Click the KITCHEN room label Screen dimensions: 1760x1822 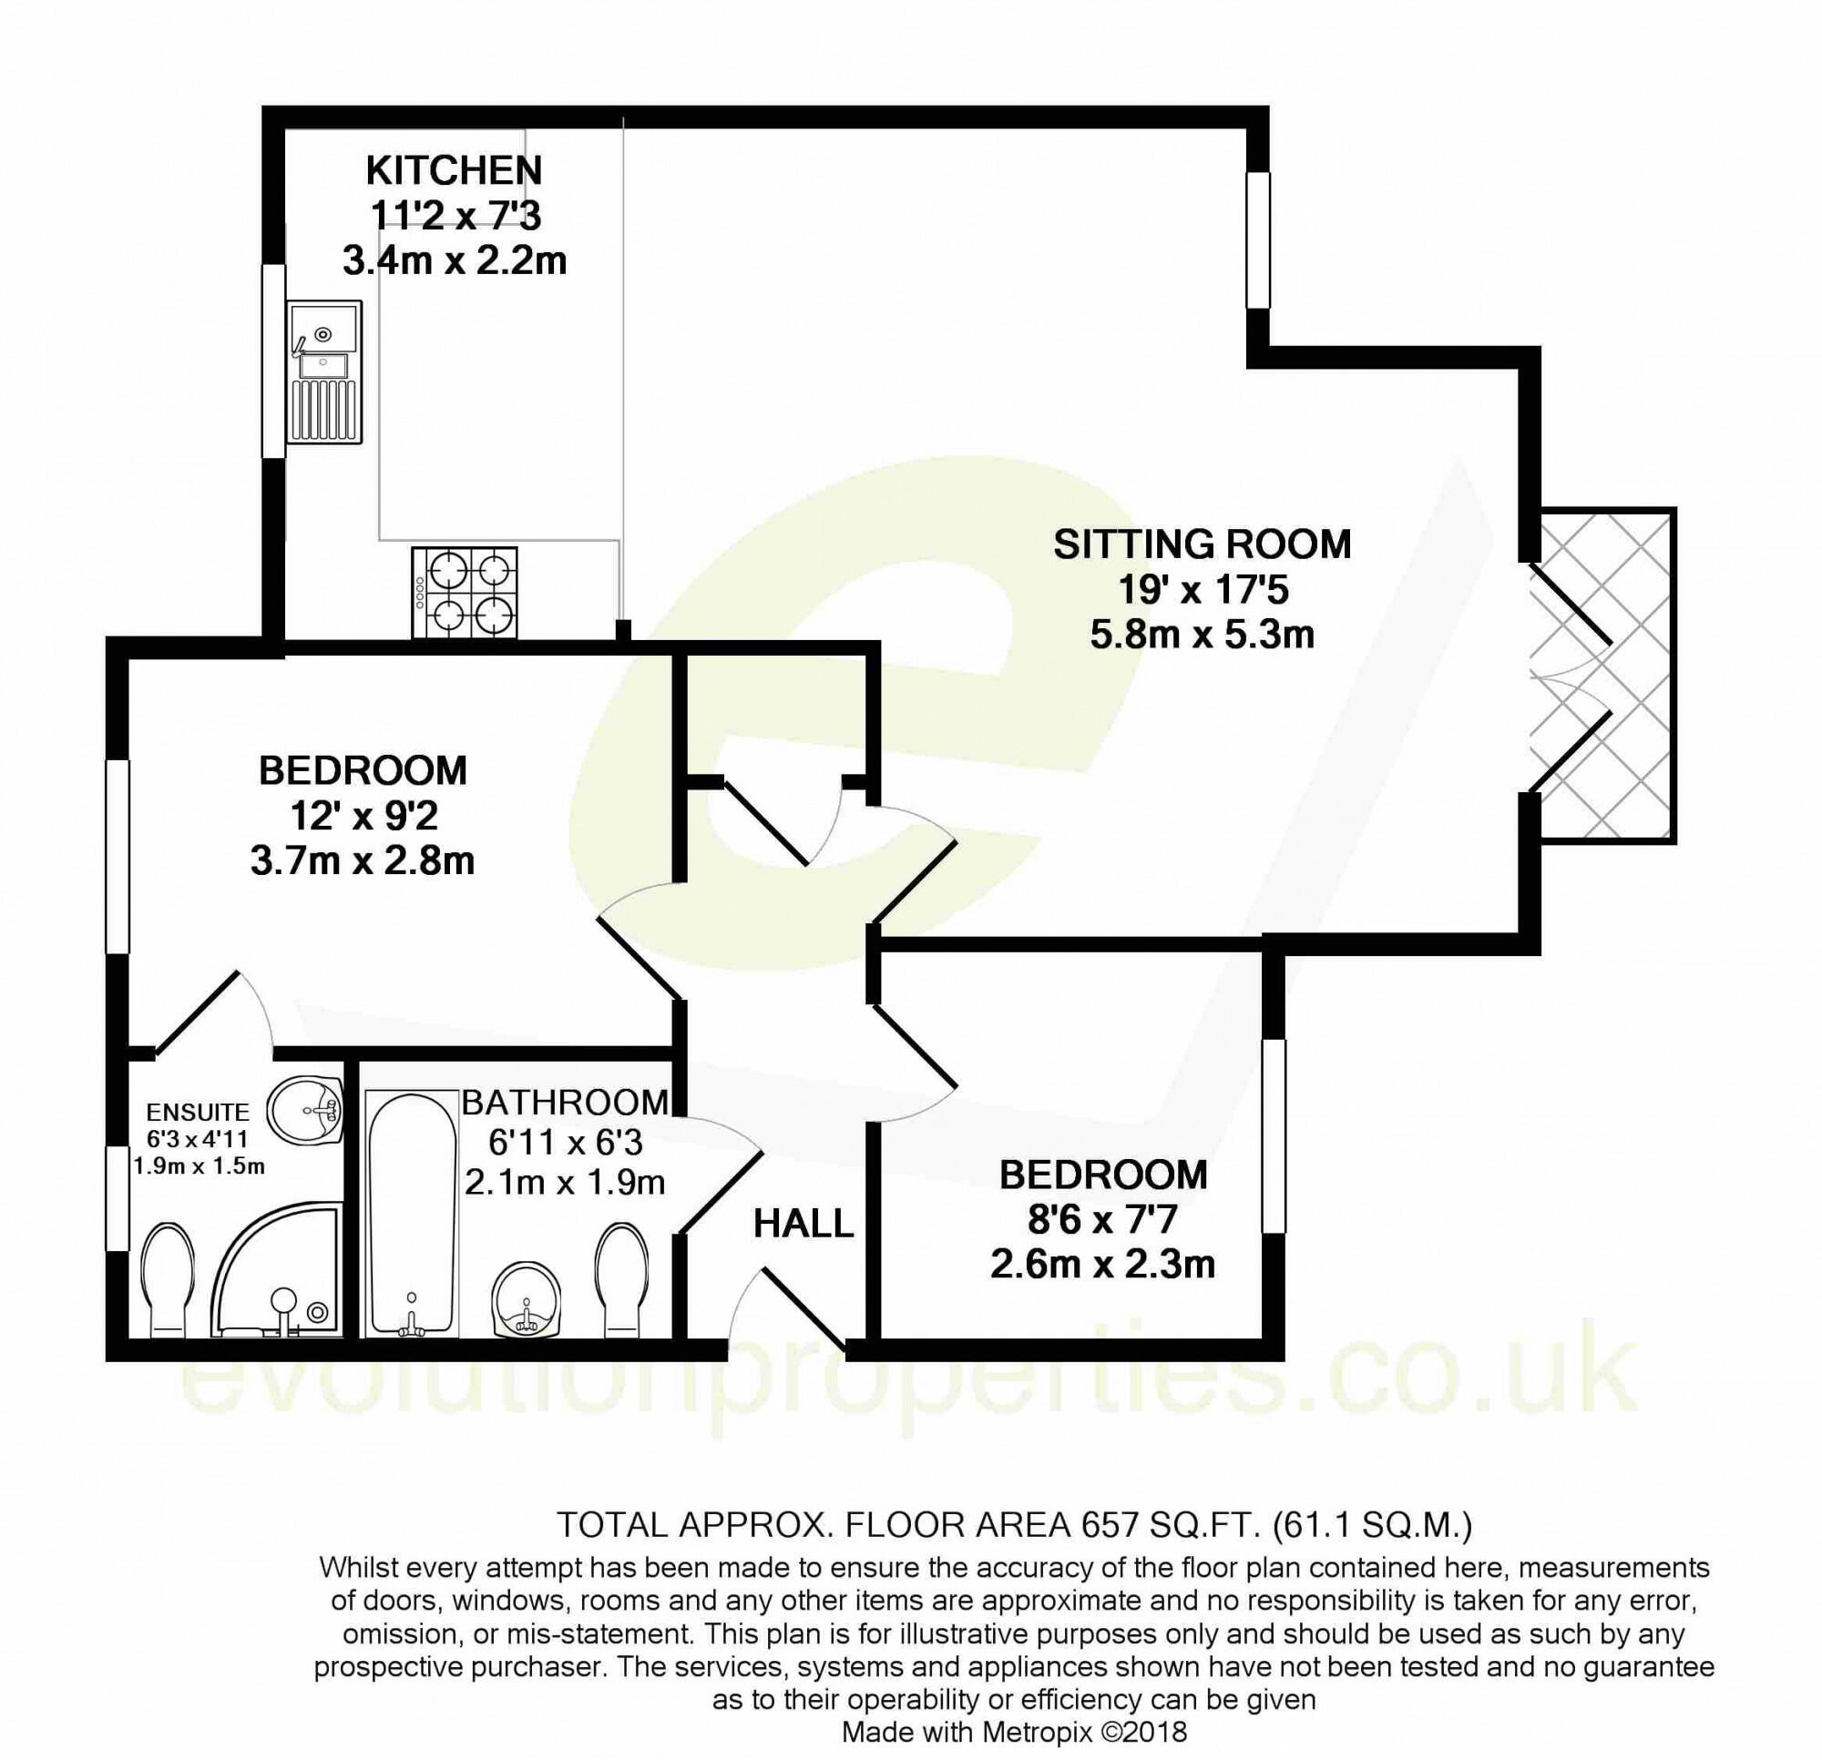454,171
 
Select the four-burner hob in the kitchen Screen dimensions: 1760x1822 465,592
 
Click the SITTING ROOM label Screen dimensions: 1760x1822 1202,544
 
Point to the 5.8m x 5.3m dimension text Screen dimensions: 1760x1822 1202,636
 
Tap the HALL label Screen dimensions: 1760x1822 804,1224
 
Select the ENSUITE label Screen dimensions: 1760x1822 198,1113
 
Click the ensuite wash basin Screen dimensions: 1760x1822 305,1112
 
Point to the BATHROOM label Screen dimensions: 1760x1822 564,1103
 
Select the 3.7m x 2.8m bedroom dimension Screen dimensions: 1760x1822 363,861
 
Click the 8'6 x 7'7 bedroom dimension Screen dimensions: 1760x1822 1103,1219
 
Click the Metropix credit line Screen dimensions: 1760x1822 1014,1732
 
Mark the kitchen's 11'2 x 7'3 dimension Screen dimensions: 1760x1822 455,217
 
